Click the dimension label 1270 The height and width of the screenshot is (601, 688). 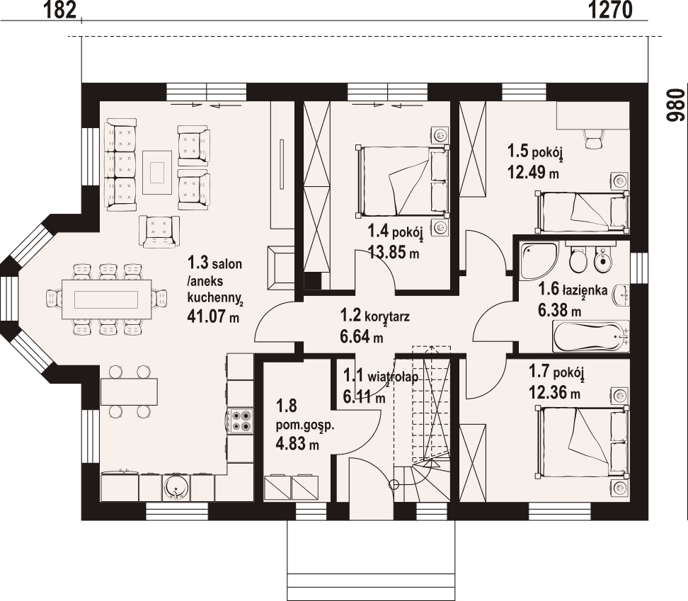(x=610, y=10)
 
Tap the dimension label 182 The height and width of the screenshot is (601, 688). (x=60, y=10)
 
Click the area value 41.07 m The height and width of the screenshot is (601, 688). (x=213, y=316)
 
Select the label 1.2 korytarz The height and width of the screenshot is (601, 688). (x=374, y=316)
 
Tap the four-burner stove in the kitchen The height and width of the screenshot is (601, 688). (x=241, y=420)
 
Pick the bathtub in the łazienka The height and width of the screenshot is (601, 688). (x=591, y=336)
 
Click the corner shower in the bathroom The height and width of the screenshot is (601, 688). (x=538, y=261)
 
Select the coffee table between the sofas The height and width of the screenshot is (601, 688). (x=157, y=173)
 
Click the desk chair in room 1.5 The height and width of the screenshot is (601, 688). (x=593, y=139)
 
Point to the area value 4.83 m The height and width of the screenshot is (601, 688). (x=297, y=444)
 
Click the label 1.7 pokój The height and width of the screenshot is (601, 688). (x=556, y=372)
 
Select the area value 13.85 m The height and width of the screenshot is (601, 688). (x=393, y=252)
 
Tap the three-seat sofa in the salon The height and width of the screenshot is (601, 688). (x=120, y=164)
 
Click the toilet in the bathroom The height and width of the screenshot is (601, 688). (x=578, y=258)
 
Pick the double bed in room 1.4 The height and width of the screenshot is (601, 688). (x=403, y=181)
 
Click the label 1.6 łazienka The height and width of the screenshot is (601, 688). (x=573, y=290)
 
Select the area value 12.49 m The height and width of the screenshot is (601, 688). (x=533, y=172)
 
